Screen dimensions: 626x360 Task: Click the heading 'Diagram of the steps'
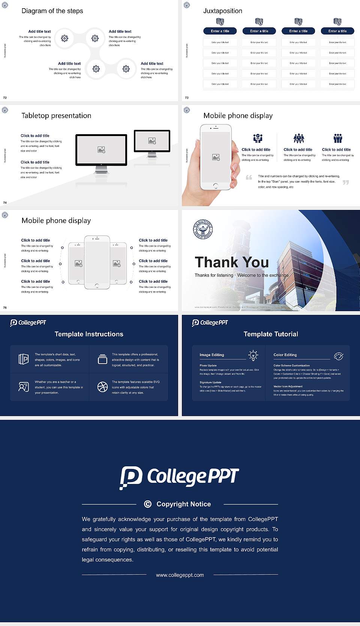pyautogui.click(x=52, y=11)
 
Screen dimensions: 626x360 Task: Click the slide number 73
pyautogui.click(x=187, y=98)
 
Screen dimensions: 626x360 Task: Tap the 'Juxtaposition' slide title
pyautogui.click(x=222, y=11)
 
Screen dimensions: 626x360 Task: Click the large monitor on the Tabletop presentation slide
pyautogui.click(x=101, y=150)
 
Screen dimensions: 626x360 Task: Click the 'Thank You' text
pyautogui.click(x=231, y=262)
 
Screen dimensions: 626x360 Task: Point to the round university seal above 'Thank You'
pyautogui.click(x=203, y=229)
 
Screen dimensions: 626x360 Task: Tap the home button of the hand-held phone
pyautogui.click(x=215, y=186)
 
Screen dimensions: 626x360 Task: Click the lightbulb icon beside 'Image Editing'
pyautogui.click(x=253, y=355)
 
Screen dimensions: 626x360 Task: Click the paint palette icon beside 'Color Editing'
pyautogui.click(x=339, y=356)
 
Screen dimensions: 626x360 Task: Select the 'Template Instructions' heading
pyautogui.click(x=89, y=334)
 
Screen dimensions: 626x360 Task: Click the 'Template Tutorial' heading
pyautogui.click(x=271, y=334)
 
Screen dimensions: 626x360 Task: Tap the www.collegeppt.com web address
pyautogui.click(x=180, y=575)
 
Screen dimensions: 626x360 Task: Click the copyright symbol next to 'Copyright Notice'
pyautogui.click(x=148, y=504)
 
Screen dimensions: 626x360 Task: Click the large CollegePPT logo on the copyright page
pyautogui.click(x=179, y=477)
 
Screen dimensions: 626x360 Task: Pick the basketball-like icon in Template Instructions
pyautogui.click(x=102, y=387)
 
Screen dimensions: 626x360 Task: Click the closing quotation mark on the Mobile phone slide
pyautogui.click(x=345, y=182)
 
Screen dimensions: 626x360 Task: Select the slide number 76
pyautogui.click(x=5, y=308)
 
